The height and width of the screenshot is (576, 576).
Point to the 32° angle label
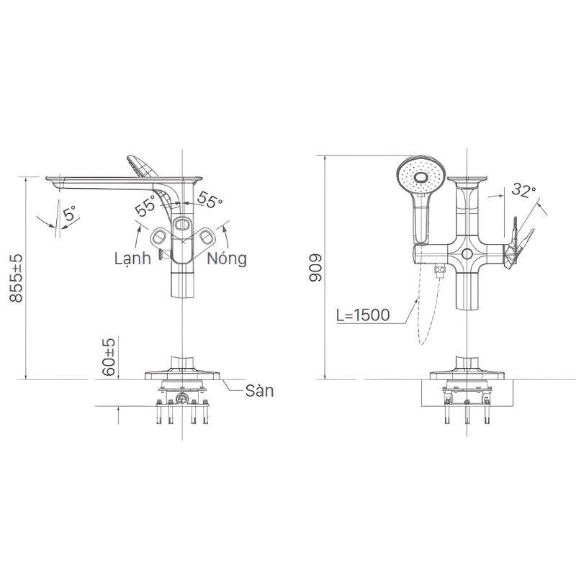click(x=525, y=190)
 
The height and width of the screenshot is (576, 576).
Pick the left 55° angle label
click(x=145, y=207)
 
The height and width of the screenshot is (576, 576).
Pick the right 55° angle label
click(x=210, y=199)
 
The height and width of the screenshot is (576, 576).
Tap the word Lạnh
click(x=132, y=258)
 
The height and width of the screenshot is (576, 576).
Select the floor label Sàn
click(x=259, y=391)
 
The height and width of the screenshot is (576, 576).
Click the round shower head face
click(x=417, y=176)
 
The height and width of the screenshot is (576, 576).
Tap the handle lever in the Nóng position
click(x=209, y=236)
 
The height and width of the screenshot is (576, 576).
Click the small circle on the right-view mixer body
click(x=468, y=255)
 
